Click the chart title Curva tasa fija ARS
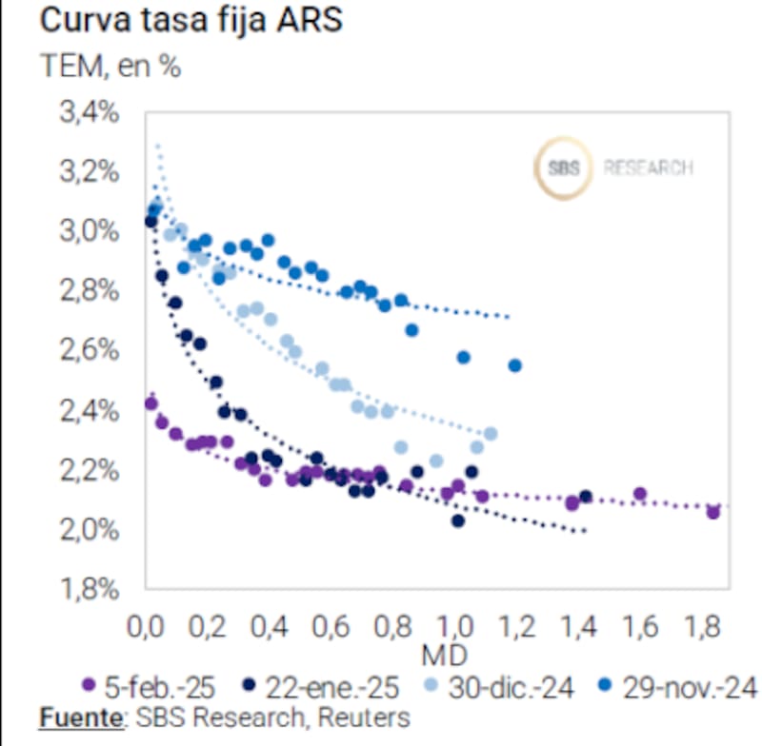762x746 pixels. [190, 21]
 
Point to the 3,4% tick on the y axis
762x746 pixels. [90, 112]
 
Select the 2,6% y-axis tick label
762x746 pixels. [90, 350]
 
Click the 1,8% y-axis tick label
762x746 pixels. [90, 589]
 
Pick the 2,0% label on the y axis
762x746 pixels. [90, 529]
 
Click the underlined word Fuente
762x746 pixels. [81, 717]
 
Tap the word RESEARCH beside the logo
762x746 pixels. [648, 168]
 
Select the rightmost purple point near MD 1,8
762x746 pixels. [712, 512]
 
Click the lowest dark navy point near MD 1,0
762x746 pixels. [458, 520]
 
